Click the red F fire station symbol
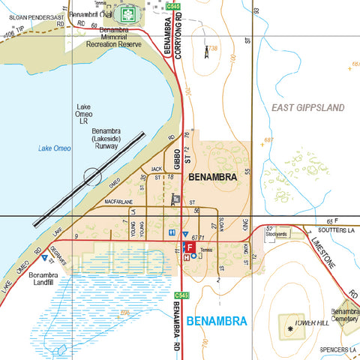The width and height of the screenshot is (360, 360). pyautogui.click(x=190, y=247)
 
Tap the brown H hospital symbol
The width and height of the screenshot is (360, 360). pyautogui.click(x=186, y=256)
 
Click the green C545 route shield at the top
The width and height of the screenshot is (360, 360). pyautogui.click(x=174, y=6)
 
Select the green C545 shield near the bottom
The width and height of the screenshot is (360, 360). pyautogui.click(x=180, y=295)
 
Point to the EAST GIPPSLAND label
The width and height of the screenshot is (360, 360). pyautogui.click(x=308, y=108)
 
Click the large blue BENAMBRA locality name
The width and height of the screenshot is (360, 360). pyautogui.click(x=216, y=322)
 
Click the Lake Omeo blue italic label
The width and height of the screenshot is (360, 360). pyautogui.click(x=55, y=148)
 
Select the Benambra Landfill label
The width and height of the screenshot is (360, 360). pyautogui.click(x=48, y=280)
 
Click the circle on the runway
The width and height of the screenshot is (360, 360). pyautogui.click(x=91, y=177)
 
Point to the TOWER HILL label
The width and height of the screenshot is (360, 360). pyautogui.click(x=312, y=322)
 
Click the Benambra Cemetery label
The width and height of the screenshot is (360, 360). pyautogui.click(x=346, y=315)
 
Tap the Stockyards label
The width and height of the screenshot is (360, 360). pyautogui.click(x=277, y=234)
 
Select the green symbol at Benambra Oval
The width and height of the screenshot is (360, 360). pyautogui.click(x=129, y=14)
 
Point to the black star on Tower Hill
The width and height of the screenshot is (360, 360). pyautogui.click(x=290, y=328)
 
